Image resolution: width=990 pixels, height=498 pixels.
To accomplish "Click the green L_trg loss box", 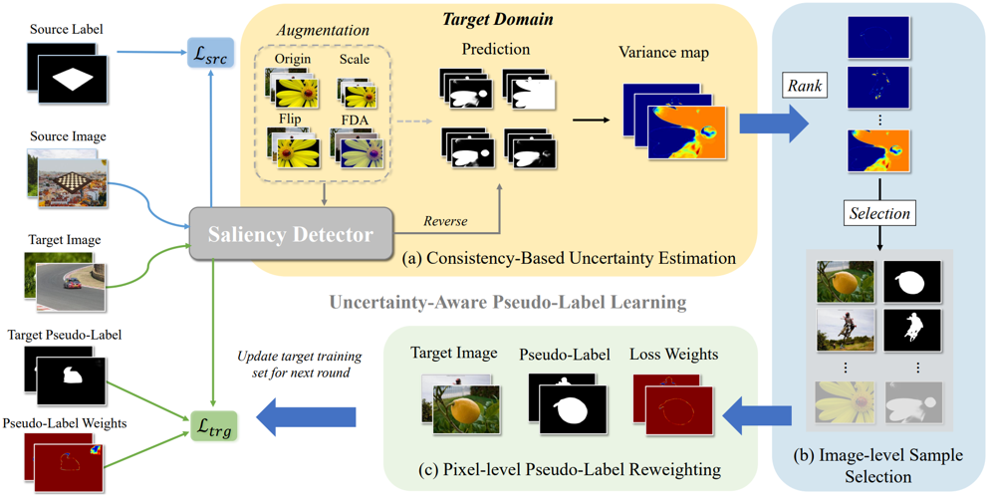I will coord(213,429).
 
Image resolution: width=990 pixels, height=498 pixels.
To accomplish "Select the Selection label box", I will coord(879,213).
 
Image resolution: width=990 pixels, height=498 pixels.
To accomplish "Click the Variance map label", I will coord(663,52).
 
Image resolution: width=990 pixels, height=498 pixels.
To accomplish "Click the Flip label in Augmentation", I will coord(291,117).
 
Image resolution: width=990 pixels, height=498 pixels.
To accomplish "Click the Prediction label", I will coord(495,49).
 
